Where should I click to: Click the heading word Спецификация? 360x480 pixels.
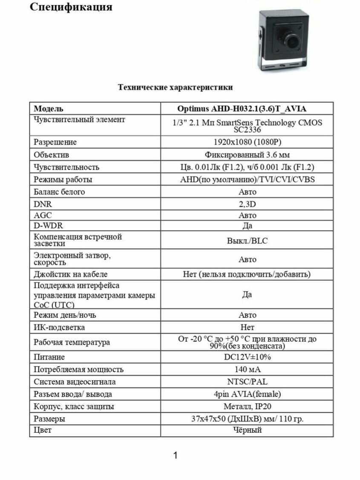pyautogui.click(x=71, y=7)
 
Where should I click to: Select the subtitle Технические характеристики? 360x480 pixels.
pyautogui.click(x=175, y=87)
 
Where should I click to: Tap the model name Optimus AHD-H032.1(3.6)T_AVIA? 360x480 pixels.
pyautogui.click(x=247, y=109)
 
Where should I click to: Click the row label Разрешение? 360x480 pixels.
pyautogui.click(x=55, y=142)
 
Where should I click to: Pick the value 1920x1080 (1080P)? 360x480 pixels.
pyautogui.click(x=247, y=142)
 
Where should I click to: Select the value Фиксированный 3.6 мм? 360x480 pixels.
pyautogui.click(x=247, y=155)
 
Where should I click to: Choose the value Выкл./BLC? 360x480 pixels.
pyautogui.click(x=247, y=241)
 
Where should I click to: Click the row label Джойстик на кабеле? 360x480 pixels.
pyautogui.click(x=70, y=274)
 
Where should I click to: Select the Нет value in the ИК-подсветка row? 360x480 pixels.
pyautogui.click(x=247, y=327)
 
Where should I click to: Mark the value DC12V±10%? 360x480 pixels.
pyautogui.click(x=247, y=357)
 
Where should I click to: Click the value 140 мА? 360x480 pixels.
pyautogui.click(x=247, y=370)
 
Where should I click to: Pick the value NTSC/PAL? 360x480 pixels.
pyautogui.click(x=247, y=382)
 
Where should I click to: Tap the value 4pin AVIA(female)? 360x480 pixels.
pyautogui.click(x=247, y=394)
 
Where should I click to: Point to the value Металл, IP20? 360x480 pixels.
pyautogui.click(x=247, y=407)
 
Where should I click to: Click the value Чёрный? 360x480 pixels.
pyautogui.click(x=247, y=430)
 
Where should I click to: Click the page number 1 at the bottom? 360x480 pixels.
pyautogui.click(x=175, y=455)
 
